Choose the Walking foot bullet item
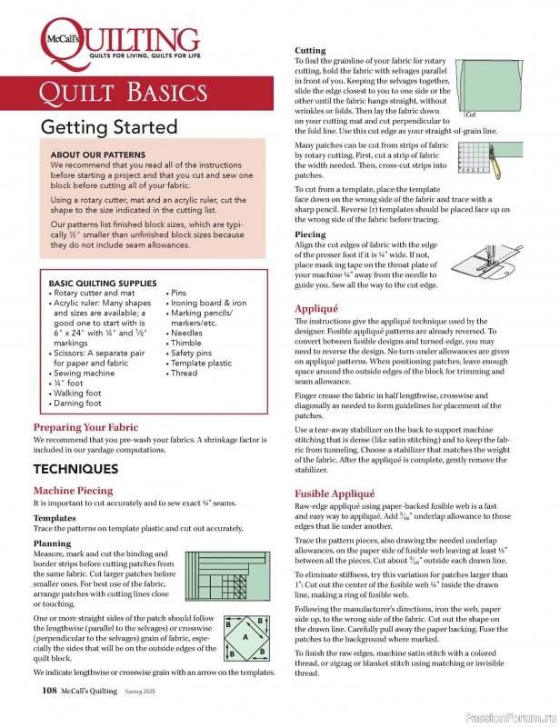(x=75, y=393)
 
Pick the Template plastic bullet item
(x=202, y=363)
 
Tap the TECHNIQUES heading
(x=75, y=469)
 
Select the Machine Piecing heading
(x=74, y=491)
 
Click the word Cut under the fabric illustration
(x=470, y=116)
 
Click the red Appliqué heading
(x=317, y=308)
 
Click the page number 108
(x=50, y=691)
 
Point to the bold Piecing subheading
(x=310, y=234)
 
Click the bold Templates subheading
(x=55, y=517)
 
